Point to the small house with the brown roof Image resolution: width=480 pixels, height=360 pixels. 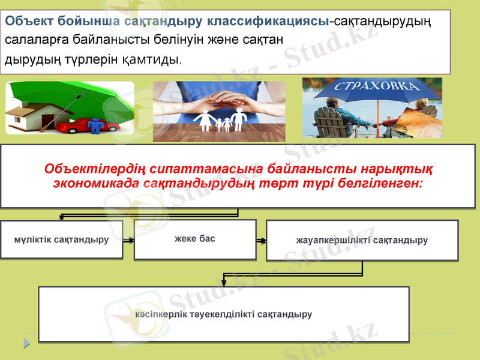pyautogui.click(x=30, y=114)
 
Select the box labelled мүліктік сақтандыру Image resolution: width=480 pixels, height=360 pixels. pyautogui.click(x=61, y=240)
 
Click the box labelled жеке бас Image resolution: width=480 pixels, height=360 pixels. pyautogui.click(x=194, y=239)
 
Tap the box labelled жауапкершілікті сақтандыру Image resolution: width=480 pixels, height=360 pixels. pyautogui.click(x=362, y=241)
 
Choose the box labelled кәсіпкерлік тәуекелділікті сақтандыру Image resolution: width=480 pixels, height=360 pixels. pyautogui.click(x=224, y=314)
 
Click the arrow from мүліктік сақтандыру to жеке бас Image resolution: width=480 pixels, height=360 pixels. pyautogui.click(x=128, y=240)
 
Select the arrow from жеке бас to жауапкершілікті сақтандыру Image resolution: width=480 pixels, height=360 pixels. pyautogui.click(x=261, y=241)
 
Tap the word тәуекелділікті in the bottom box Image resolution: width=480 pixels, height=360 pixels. pyautogui.click(x=218, y=314)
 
